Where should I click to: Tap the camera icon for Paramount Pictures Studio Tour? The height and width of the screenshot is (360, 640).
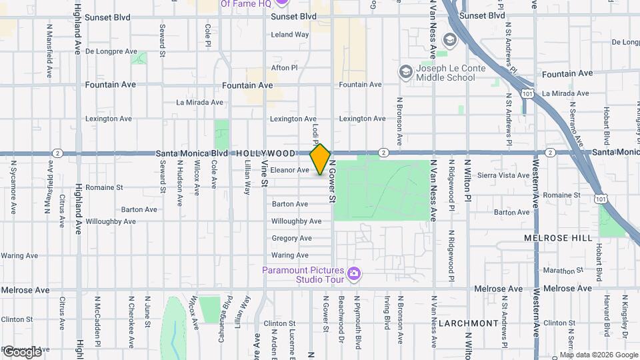click(354, 273)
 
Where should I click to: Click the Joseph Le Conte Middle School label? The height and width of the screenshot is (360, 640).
click(445, 73)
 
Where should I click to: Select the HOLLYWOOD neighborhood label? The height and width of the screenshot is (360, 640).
click(265, 153)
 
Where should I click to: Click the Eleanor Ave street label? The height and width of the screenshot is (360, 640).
click(289, 170)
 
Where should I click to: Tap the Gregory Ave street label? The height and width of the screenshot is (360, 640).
click(291, 238)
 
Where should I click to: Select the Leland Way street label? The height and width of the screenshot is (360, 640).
click(290, 34)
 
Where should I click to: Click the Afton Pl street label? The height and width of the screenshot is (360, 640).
click(284, 68)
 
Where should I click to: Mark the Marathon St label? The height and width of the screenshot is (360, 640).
click(558, 271)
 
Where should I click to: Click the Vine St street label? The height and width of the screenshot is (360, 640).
click(264, 173)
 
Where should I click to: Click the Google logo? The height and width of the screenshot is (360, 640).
click(22, 351)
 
